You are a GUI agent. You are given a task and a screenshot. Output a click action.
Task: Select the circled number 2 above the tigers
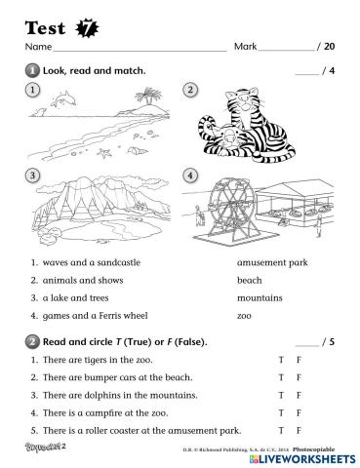190,91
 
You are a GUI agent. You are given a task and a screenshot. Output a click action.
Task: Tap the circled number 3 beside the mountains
33,175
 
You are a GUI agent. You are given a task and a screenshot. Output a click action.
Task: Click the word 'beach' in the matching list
249,279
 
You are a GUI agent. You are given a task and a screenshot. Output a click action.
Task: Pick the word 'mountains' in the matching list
259,296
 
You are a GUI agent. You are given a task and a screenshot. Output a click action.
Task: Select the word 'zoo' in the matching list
244,315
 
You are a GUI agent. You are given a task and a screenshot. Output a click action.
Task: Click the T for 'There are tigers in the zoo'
281,361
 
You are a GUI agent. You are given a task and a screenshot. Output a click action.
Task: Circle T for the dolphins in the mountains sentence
281,395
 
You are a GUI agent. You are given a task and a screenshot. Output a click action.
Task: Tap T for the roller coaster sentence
281,430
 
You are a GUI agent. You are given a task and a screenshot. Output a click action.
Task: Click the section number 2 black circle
31,342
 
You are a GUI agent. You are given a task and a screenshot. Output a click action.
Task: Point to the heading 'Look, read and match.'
93,70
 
